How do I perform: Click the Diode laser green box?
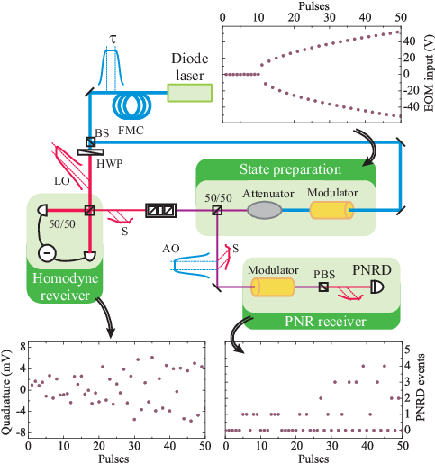tap(190, 93)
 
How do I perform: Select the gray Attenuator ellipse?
tap(265, 210)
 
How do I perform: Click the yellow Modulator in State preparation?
tap(331, 210)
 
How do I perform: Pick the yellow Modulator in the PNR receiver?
tap(273, 287)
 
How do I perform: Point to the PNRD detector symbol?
tap(377, 287)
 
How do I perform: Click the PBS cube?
tap(323, 287)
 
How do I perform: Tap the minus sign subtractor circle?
tap(47, 253)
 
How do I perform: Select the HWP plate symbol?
tap(91, 152)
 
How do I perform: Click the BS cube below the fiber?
tap(91, 141)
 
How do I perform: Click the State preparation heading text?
tap(290, 170)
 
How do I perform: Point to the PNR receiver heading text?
tap(325, 322)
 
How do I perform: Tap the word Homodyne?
tap(66, 279)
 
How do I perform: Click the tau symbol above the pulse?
tap(113, 39)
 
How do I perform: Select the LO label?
tap(62, 181)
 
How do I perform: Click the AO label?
tap(171, 249)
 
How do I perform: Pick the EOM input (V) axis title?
tap(429, 73)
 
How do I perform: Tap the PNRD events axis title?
tap(421, 387)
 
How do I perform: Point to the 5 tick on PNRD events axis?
tap(407, 350)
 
